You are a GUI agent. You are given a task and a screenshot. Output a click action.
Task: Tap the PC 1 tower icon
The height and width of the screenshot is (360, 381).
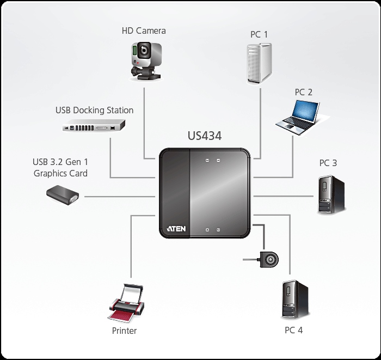[259, 64]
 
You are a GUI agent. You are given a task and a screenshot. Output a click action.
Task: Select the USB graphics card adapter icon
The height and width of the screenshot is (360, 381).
[63, 196]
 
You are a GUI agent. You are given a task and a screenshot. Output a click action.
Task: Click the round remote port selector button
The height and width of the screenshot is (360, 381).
[268, 260]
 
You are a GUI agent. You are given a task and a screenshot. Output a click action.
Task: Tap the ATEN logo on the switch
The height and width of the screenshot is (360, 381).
[175, 228]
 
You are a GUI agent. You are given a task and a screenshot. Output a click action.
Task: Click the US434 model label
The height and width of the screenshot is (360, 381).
[204, 136]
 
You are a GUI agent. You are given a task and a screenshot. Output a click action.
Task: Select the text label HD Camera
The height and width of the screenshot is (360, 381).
[143, 30]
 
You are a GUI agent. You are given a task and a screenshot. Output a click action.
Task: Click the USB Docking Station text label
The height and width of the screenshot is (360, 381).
[94, 110]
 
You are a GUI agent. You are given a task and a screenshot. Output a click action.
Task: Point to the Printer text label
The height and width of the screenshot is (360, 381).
[124, 331]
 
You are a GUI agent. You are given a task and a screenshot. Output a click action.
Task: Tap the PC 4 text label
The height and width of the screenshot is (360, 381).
[293, 330]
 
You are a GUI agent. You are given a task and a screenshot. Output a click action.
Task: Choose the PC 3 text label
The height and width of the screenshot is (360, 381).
[328, 163]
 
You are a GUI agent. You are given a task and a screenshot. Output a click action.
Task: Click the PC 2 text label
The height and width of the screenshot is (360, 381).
[304, 92]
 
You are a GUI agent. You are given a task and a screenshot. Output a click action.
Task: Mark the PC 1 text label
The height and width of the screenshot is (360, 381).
[259, 34]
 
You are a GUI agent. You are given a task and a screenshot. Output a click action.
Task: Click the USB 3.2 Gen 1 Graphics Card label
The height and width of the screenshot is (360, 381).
[60, 168]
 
